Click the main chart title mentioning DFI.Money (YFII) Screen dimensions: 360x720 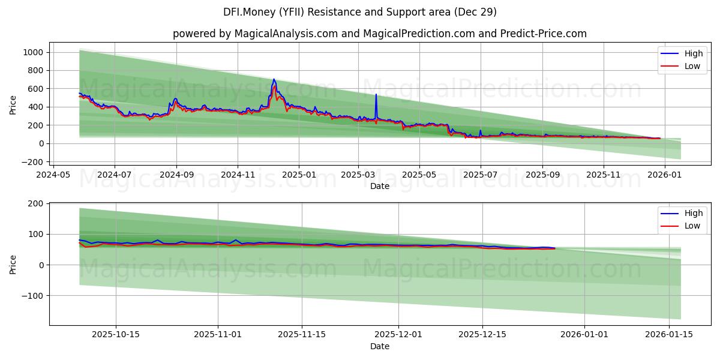(360, 12)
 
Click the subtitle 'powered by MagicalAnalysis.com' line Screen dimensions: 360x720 (379, 34)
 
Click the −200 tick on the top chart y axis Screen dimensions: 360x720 (32, 162)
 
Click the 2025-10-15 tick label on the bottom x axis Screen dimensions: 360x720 (116, 334)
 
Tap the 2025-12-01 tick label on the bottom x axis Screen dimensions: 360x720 (398, 334)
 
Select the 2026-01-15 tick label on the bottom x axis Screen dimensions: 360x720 (668, 334)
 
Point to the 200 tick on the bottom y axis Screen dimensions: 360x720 (35, 203)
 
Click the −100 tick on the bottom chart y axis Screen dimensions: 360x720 (33, 296)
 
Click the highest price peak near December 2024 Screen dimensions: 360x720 (274, 79)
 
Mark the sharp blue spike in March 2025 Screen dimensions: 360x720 (376, 95)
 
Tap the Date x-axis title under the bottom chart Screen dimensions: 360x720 (379, 346)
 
